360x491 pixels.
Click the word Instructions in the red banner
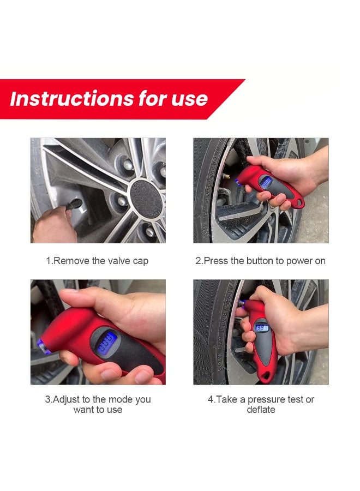coord(72,99)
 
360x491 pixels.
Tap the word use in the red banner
coord(189,99)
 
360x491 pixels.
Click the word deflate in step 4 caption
coord(261,410)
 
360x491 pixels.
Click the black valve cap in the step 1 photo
coord(73,204)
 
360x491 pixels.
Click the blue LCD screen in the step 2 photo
coord(266,182)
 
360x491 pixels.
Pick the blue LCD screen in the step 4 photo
coord(262,328)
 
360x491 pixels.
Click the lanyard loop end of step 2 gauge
coord(299,202)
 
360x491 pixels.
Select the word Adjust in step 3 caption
coord(67,399)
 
